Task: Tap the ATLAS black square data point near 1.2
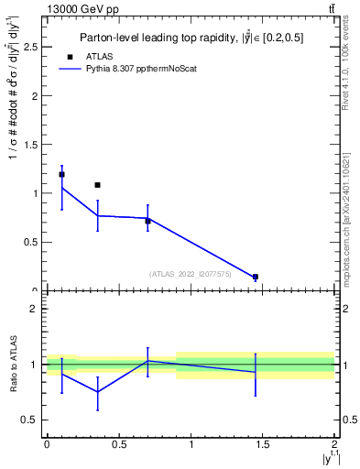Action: tap(61, 174)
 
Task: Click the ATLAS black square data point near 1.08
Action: tap(97, 185)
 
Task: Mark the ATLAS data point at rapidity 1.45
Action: tap(256, 277)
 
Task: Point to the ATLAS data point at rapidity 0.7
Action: tap(147, 221)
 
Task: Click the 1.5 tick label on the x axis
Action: tap(263, 444)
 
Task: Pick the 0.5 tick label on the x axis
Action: tap(118, 444)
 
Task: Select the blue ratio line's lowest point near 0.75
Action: tap(97, 392)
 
